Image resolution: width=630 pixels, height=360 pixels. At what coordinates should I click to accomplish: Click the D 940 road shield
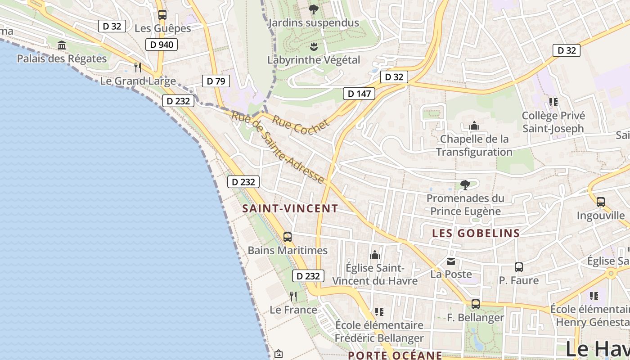click(162, 45)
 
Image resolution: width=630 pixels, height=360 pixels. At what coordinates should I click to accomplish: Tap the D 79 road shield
click(216, 81)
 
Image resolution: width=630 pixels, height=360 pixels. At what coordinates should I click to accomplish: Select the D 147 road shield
click(359, 94)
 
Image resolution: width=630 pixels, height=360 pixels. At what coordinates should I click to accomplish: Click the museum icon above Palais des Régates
click(62, 45)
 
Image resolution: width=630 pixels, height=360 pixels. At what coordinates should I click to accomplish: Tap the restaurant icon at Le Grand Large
click(138, 67)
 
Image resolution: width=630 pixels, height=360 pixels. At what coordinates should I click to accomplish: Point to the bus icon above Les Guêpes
click(162, 15)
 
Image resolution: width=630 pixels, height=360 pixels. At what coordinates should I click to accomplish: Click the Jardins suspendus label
click(314, 23)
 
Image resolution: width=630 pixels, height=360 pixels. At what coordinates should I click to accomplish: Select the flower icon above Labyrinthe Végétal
click(314, 46)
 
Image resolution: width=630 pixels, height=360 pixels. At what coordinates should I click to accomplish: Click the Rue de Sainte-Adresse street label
click(278, 148)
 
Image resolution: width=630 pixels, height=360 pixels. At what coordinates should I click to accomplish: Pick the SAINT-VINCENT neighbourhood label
click(290, 208)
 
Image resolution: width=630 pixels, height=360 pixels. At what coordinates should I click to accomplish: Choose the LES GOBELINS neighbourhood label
click(476, 233)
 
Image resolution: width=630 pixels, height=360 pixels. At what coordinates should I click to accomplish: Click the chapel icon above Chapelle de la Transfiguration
click(474, 126)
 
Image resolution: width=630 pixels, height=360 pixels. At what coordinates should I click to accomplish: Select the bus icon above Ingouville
click(600, 202)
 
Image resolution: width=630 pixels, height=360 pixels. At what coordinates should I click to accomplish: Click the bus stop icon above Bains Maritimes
click(288, 237)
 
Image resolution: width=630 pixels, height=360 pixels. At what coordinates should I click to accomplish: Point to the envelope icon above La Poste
click(451, 261)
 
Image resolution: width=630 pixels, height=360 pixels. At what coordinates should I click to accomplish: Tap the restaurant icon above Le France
click(293, 297)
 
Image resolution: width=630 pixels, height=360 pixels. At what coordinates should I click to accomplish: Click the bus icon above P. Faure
click(518, 267)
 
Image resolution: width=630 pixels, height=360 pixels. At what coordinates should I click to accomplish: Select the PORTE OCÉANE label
click(395, 355)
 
